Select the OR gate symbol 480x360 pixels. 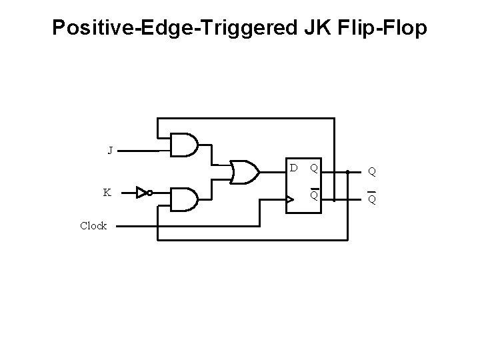pyautogui.click(x=244, y=171)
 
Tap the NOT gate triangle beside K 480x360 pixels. pyautogui.click(x=141, y=193)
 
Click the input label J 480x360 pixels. pyautogui.click(x=110, y=150)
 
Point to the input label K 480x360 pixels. pyautogui.click(x=107, y=193)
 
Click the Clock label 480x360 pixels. pyautogui.click(x=93, y=226)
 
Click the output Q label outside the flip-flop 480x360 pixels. pyautogui.click(x=372, y=171)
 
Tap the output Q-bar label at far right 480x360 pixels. pyautogui.click(x=372, y=199)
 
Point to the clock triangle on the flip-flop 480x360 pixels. pyautogui.click(x=290, y=199)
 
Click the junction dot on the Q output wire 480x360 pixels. pyautogui.click(x=348, y=171)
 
